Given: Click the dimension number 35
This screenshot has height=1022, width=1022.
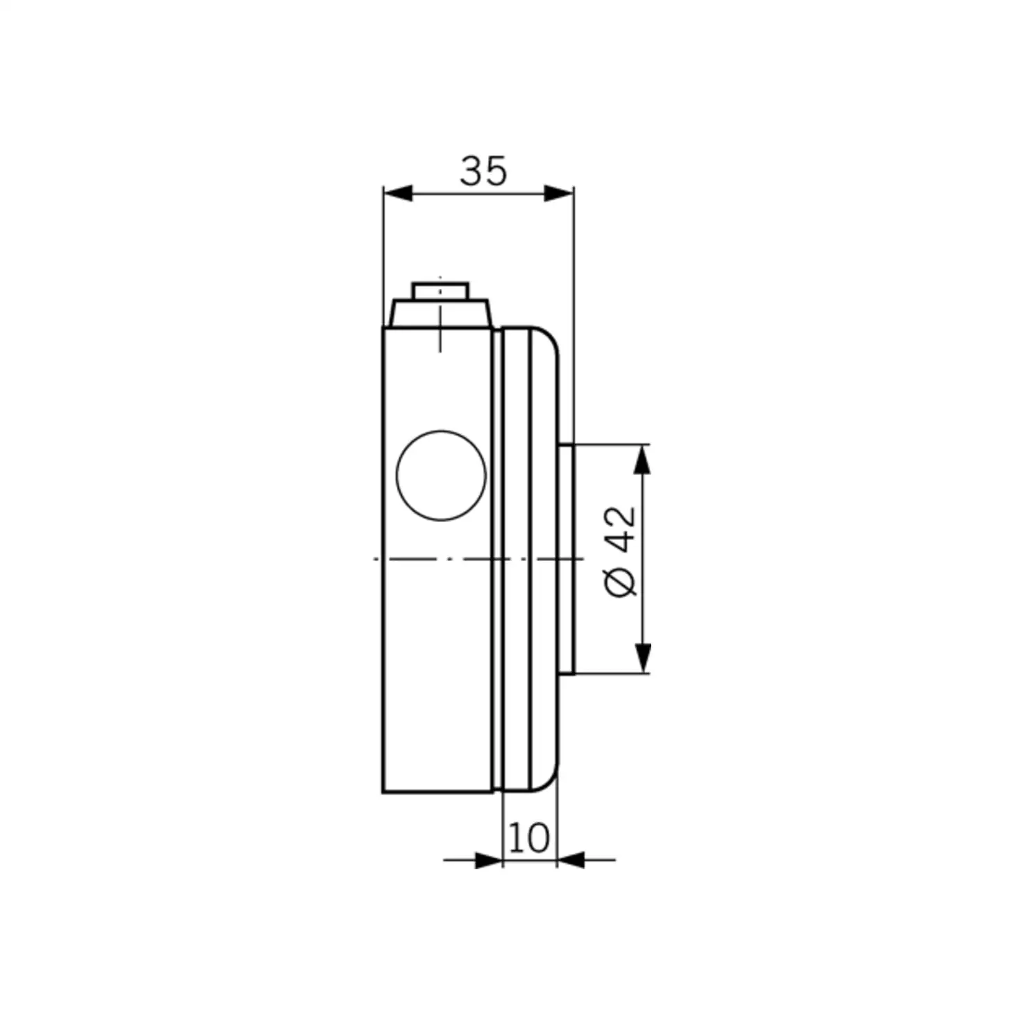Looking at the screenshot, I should tap(483, 171).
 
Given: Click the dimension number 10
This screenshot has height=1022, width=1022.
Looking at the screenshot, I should tap(529, 837).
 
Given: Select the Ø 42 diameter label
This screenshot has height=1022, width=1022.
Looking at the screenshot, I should tap(620, 551).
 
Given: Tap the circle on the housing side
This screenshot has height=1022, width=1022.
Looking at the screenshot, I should tap(441, 475).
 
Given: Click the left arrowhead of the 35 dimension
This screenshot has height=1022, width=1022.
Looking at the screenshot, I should tap(398, 194).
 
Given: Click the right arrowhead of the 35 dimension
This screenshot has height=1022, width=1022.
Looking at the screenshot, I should tap(559, 194).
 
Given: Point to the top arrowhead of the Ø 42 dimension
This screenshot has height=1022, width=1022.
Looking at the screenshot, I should tap(644, 459).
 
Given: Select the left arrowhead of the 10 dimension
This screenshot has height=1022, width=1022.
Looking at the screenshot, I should tap(488, 860).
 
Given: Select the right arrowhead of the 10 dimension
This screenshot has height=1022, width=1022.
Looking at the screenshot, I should tap(571, 860).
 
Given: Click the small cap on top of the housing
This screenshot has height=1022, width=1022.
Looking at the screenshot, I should tap(440, 290).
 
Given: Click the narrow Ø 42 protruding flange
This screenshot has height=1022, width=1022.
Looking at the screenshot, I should tap(566, 559).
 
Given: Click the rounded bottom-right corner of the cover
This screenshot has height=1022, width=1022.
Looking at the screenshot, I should tap(547, 781).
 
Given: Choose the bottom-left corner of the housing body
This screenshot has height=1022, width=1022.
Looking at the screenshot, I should tap(384, 791).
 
